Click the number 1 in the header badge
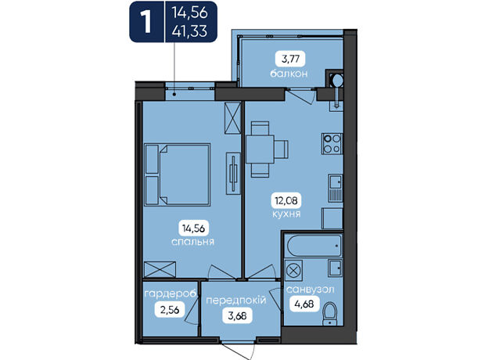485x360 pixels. coord(145,22)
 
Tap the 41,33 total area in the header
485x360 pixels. coord(189,31)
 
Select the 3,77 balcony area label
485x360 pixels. coord(290,59)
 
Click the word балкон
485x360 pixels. coord(289,74)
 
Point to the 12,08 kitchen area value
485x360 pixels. coord(286,200)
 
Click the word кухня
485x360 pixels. coord(286,214)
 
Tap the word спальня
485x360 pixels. coord(192,242)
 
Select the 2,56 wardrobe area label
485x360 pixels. coord(170,310)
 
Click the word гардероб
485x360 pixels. coord(171,293)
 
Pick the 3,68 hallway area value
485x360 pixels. coord(237,315)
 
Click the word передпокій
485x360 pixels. coord(236,301)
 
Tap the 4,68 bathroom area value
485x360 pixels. coord(304,304)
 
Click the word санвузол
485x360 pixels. coord(311,290)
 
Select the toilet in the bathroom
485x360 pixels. coord(330,314)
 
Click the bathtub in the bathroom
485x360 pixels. coord(314,245)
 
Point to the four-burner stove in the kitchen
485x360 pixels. coord(332,144)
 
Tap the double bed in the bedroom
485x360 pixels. coord(178,175)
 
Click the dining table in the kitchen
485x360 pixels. coord(260,149)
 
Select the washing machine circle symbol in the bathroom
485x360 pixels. coord(293,270)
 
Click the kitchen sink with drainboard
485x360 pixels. coord(336,188)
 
